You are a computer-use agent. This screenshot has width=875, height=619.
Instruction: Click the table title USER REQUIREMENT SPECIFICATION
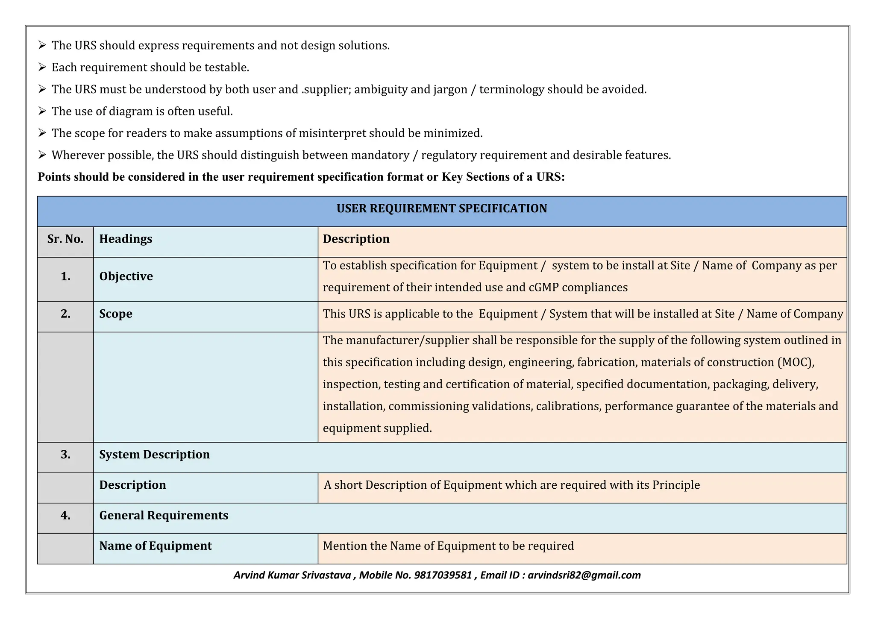click(x=441, y=208)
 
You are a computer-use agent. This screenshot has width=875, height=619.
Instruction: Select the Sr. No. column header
click(x=65, y=239)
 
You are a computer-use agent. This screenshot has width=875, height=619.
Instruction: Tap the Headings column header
click(x=126, y=239)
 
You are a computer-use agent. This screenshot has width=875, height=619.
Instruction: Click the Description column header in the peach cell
click(x=356, y=239)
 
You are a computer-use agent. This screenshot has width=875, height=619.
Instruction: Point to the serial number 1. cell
click(x=65, y=277)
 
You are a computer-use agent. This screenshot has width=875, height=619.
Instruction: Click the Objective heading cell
click(x=126, y=276)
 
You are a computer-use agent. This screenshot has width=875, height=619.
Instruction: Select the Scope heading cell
click(x=116, y=314)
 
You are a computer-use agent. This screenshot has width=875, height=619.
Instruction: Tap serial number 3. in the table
click(x=65, y=455)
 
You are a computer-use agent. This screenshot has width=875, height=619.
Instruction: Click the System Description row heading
click(x=154, y=455)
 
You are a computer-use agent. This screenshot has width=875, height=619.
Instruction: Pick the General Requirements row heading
click(x=164, y=516)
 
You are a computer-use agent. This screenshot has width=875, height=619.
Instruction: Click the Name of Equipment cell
click(x=156, y=546)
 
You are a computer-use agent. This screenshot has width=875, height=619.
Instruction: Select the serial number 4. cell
click(x=65, y=516)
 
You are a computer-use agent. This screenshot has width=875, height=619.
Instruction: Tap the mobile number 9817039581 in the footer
click(x=443, y=575)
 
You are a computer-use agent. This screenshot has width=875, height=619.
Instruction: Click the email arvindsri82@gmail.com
click(x=584, y=575)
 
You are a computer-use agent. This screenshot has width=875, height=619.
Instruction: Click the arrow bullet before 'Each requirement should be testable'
click(x=42, y=67)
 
